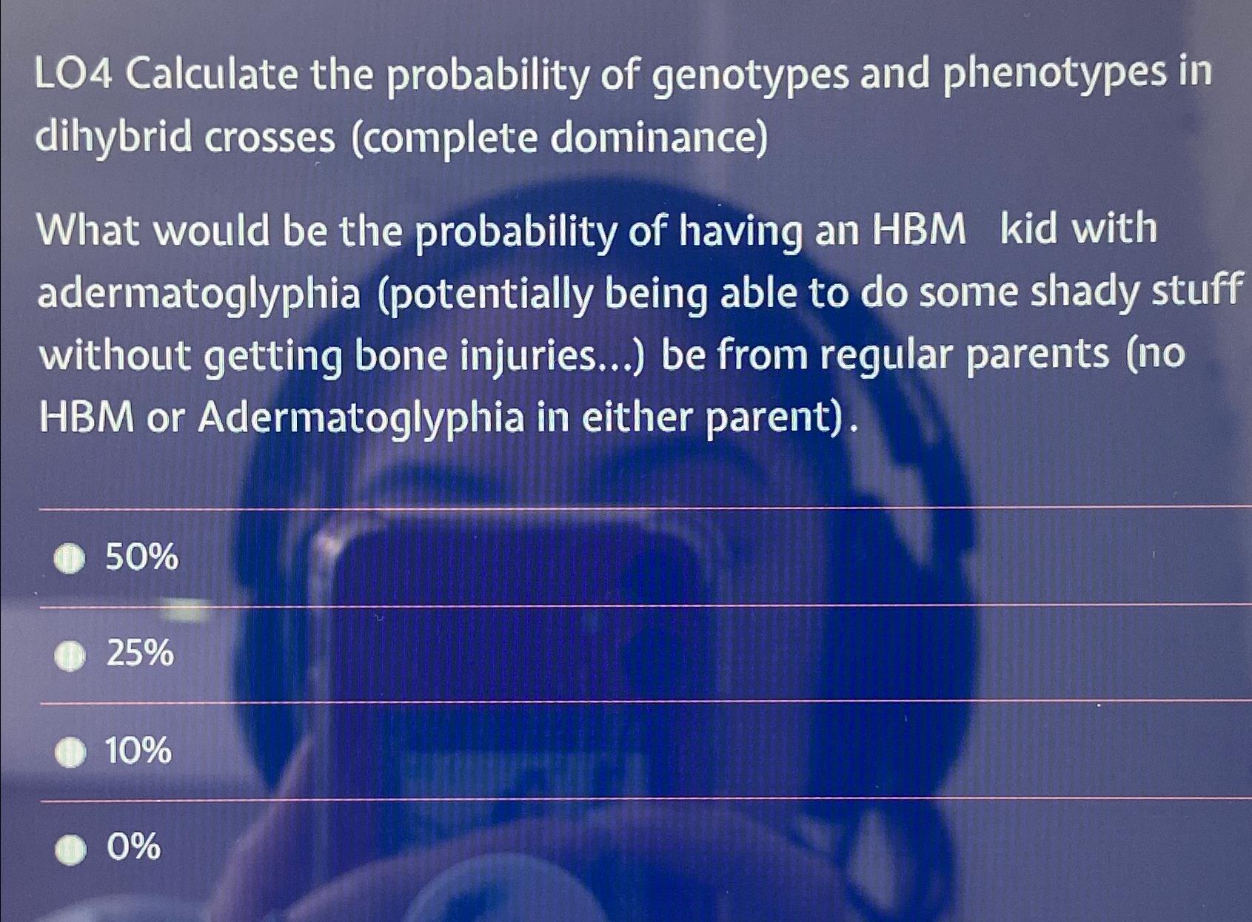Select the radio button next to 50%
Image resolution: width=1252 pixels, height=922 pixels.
(70, 559)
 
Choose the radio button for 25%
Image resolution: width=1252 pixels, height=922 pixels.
(70, 656)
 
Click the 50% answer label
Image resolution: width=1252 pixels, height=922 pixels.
(141, 556)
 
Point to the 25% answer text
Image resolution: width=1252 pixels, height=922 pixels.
(140, 653)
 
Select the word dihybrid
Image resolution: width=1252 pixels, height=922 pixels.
(112, 139)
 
